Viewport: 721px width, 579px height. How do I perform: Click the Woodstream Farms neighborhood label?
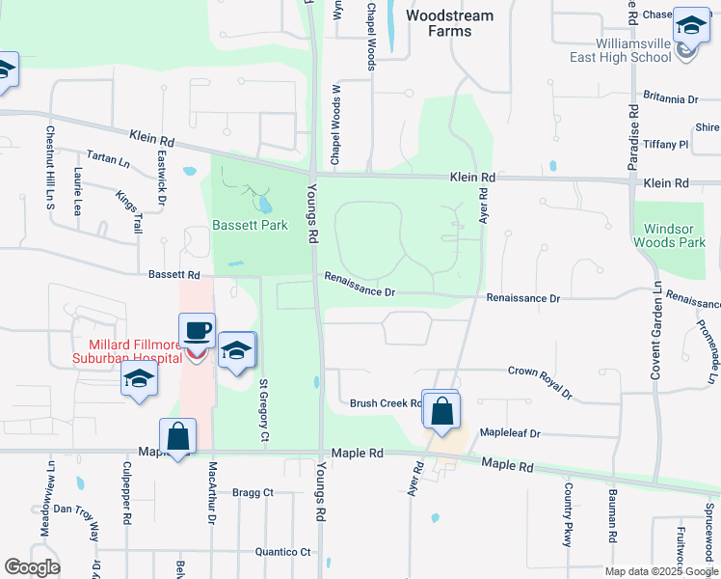click(449, 23)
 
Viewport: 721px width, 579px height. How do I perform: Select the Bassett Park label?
click(250, 226)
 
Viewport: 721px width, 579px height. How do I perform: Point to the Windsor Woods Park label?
click(668, 235)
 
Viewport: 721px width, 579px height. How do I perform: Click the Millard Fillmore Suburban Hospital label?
click(128, 351)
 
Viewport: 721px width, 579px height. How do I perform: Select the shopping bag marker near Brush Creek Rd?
click(441, 410)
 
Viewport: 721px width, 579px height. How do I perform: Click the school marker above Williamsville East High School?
click(690, 26)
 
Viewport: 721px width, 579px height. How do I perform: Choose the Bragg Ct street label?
click(254, 492)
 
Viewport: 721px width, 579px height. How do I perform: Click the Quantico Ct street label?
click(282, 552)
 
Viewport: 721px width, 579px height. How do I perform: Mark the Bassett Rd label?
click(174, 275)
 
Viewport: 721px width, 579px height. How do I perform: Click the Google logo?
click(32, 567)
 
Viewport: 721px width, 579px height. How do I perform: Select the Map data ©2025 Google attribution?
click(661, 571)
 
